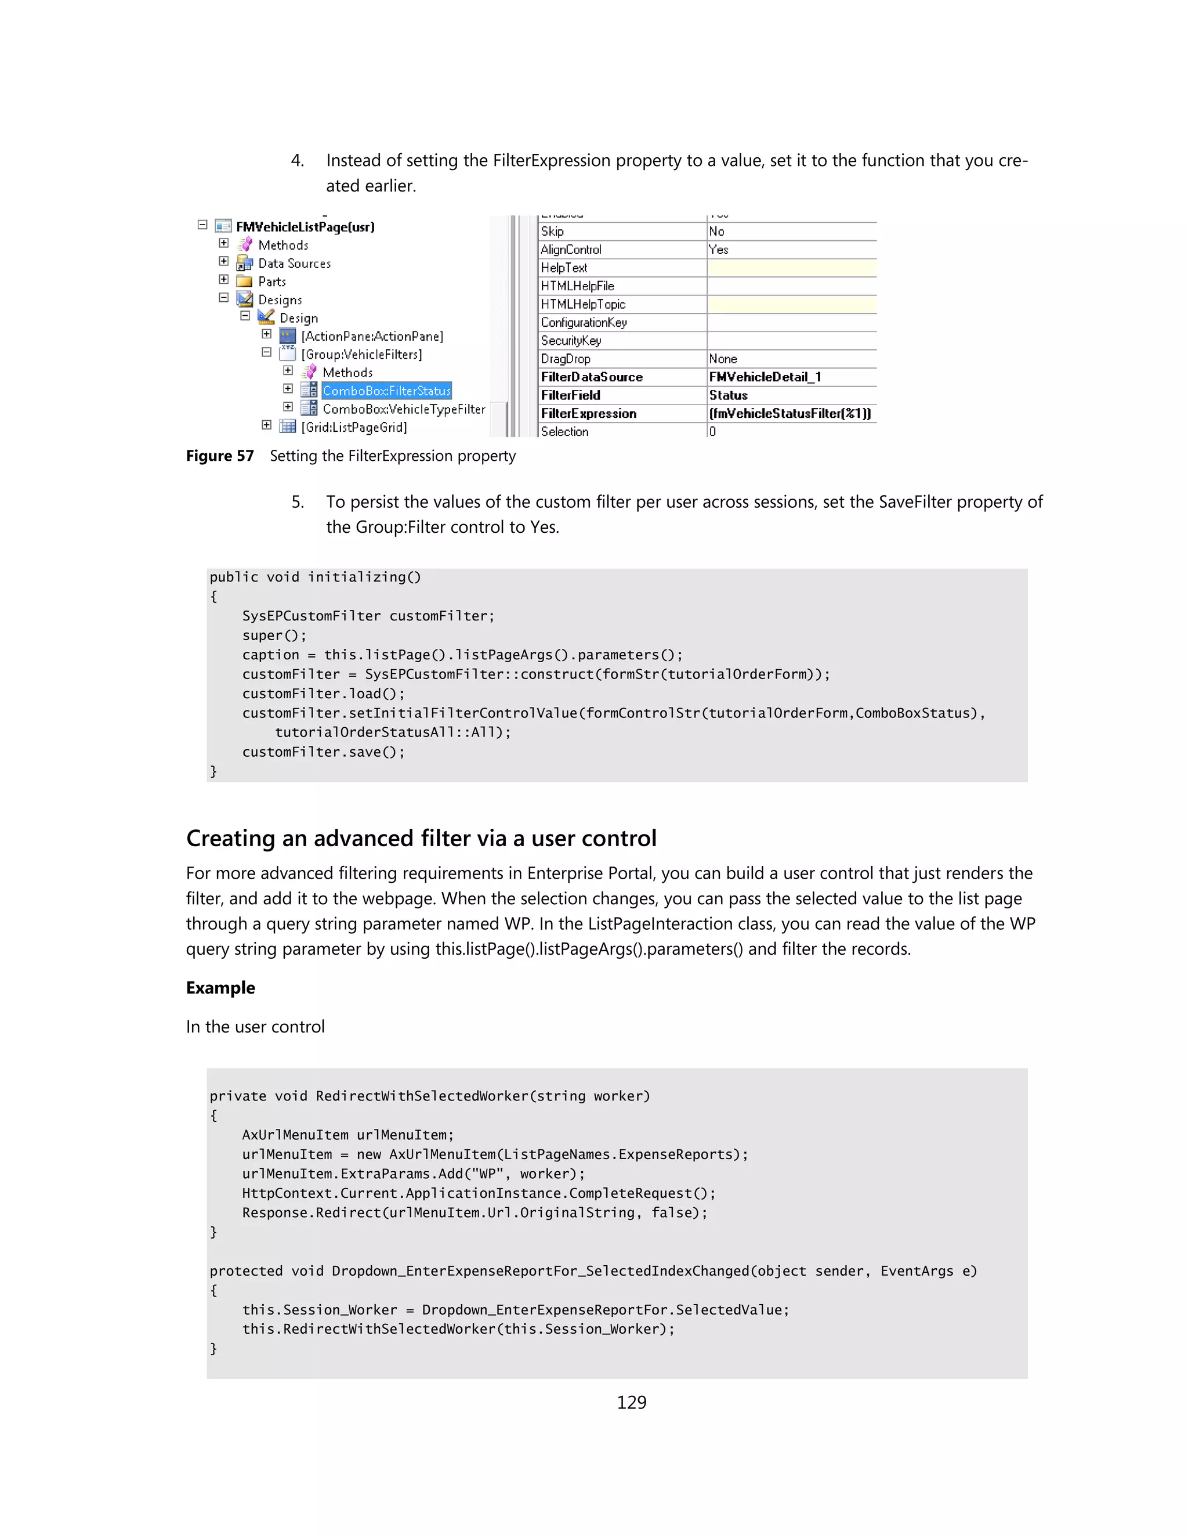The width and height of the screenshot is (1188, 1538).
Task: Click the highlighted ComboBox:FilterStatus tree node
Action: pyautogui.click(x=386, y=391)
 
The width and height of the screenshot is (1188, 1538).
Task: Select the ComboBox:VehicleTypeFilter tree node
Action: pyautogui.click(x=403, y=409)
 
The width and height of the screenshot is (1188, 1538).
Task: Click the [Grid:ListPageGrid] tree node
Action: pyautogui.click(x=354, y=428)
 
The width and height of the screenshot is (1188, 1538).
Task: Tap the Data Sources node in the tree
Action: pyautogui.click(x=294, y=263)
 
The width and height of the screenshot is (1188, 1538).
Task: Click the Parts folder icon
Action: pyautogui.click(x=244, y=281)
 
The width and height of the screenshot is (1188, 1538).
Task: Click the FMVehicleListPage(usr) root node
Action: pyautogui.click(x=305, y=227)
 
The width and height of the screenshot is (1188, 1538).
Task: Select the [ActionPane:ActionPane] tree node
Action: pyautogui.click(x=372, y=337)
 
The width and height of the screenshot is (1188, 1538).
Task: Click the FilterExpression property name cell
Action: pyautogui.click(x=588, y=413)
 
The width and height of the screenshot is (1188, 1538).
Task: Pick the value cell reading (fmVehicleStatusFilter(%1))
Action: pyautogui.click(x=789, y=413)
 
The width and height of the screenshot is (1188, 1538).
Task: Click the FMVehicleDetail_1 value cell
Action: pyautogui.click(x=765, y=377)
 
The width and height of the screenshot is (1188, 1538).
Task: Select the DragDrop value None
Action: pyautogui.click(x=723, y=359)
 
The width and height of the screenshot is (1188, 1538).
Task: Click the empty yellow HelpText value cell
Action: pyautogui.click(x=791, y=268)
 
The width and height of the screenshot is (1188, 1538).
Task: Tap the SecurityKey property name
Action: pyautogui.click(x=571, y=341)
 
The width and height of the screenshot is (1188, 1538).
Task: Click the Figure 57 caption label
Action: pyautogui.click(x=220, y=456)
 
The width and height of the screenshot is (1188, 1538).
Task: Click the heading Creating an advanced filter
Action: pyautogui.click(x=421, y=838)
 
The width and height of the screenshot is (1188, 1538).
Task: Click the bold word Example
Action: pyautogui.click(x=220, y=987)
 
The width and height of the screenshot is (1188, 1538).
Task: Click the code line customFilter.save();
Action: pyautogui.click(x=323, y=752)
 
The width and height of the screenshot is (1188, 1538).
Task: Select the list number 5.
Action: pyautogui.click(x=297, y=502)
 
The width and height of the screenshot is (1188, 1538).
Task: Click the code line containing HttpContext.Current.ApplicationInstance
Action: pyautogui.click(x=478, y=1193)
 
